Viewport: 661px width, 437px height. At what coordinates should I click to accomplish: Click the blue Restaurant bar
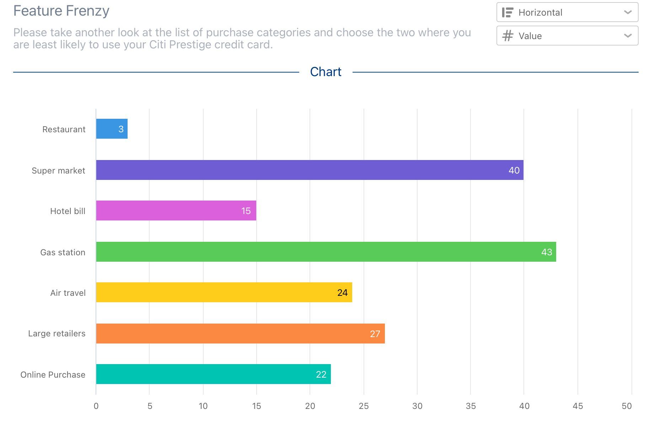point(112,129)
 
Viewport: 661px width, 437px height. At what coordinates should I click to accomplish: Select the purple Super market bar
point(310,170)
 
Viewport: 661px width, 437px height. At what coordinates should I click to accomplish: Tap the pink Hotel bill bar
point(176,210)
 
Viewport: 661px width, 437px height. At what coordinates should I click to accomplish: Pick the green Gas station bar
point(326,252)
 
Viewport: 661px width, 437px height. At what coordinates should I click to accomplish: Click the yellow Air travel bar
point(224,292)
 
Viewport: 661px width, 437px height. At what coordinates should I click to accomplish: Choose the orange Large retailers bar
point(240,334)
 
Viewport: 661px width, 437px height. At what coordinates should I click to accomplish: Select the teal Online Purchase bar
point(213,374)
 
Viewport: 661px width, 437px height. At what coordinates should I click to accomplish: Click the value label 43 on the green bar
point(547,252)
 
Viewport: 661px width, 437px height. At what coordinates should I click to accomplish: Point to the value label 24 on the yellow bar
point(342,293)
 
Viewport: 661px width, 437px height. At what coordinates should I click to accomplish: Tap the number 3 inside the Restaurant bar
point(121,129)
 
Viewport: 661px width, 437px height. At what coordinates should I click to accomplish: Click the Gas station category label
point(63,252)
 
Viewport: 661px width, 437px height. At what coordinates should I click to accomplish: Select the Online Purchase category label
point(53,375)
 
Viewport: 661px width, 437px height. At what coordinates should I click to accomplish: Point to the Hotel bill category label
point(68,211)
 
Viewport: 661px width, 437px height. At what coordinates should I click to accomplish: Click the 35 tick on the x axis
point(471,406)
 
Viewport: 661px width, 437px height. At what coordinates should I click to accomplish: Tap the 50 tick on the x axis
point(627,406)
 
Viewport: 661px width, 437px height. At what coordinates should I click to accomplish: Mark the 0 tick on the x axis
point(96,406)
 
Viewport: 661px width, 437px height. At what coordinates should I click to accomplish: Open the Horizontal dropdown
point(567,12)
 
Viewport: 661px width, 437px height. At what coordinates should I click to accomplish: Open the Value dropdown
point(567,36)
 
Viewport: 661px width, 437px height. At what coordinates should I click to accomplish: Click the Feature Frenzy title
point(61,11)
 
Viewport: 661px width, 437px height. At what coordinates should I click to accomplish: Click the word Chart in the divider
point(326,72)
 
